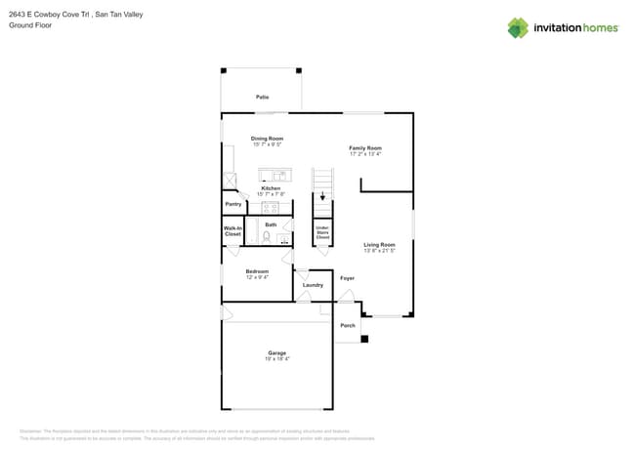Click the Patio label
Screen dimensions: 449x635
click(x=262, y=98)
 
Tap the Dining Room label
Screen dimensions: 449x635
click(x=267, y=139)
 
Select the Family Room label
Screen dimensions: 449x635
click(x=365, y=148)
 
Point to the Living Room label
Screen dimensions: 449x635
click(x=379, y=245)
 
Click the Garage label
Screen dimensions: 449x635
click(x=277, y=352)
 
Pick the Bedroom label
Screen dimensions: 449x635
click(x=257, y=271)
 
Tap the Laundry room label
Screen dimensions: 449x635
click(x=313, y=285)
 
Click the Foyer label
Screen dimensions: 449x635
click(x=347, y=278)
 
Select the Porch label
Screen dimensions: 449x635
click(x=347, y=325)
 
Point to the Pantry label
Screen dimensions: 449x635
click(x=233, y=204)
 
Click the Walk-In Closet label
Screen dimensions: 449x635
click(x=233, y=232)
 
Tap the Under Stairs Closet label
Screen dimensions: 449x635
click(x=321, y=232)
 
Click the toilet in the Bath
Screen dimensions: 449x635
click(x=267, y=236)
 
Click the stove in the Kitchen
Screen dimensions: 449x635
click(x=271, y=207)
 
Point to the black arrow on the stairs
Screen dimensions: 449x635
click(x=322, y=195)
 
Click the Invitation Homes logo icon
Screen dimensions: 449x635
click(x=518, y=27)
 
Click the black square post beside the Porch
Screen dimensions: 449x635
click(x=364, y=339)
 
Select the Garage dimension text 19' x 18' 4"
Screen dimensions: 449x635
click(x=277, y=359)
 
